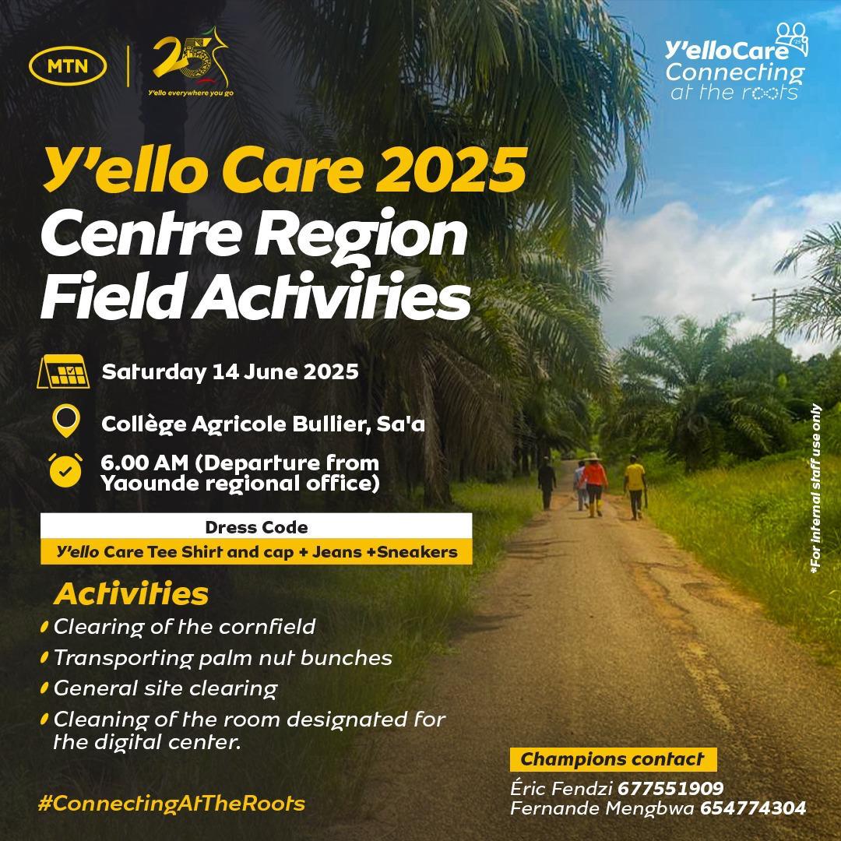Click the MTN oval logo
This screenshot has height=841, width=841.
click(x=68, y=66)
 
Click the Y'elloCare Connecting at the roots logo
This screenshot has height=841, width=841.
click(x=736, y=62)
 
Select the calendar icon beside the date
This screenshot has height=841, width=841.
click(x=63, y=371)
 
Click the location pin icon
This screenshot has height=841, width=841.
click(x=66, y=420)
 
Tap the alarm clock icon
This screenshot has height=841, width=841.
click(x=65, y=470)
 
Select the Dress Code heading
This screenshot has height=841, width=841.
click(x=256, y=527)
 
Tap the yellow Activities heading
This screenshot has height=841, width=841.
click(x=131, y=593)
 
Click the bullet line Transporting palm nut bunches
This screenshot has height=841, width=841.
click(x=223, y=657)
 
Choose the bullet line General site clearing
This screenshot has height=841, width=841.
click(x=166, y=688)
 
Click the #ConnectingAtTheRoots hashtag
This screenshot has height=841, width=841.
click(x=171, y=803)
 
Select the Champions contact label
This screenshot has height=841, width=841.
click(x=613, y=759)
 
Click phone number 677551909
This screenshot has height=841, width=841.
click(x=670, y=788)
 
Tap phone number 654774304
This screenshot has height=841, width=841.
click(x=753, y=808)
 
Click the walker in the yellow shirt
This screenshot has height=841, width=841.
click(x=635, y=487)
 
